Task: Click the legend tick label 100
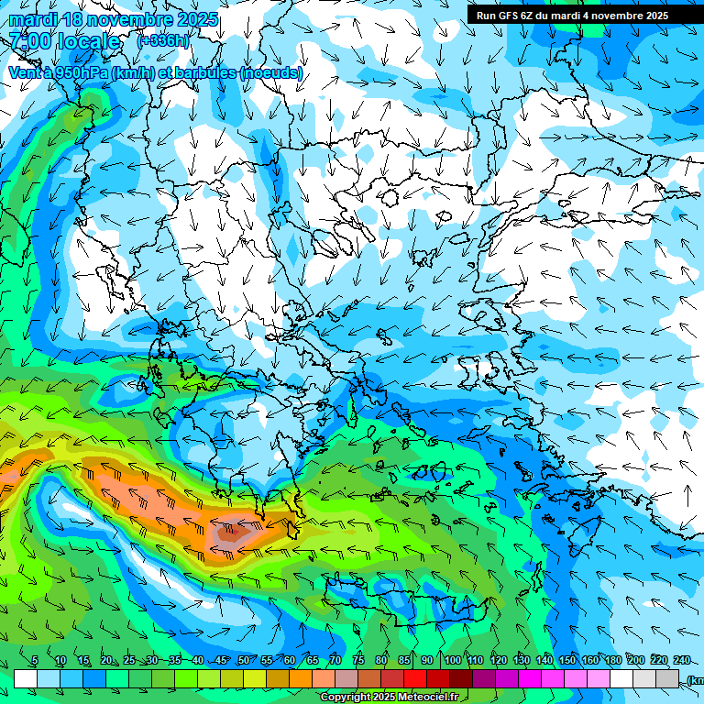[453, 661]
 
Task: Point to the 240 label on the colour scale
[682, 661]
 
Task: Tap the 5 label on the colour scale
[35, 661]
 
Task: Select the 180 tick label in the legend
[613, 661]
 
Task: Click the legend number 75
[358, 661]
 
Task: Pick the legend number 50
[244, 661]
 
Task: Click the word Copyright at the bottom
[346, 698]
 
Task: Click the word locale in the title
[88, 41]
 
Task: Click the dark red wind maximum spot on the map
[233, 530]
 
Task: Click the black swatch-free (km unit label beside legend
[695, 679]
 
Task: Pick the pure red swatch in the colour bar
[415, 679]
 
